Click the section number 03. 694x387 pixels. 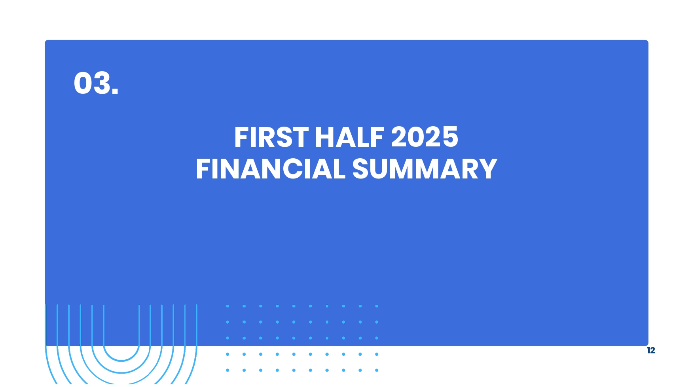(96, 83)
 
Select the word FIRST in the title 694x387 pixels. (271, 137)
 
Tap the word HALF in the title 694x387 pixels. (349, 137)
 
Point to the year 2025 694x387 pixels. (425, 137)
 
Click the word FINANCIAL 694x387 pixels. (271, 169)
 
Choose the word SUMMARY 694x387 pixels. (425, 169)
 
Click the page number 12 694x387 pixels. (651, 351)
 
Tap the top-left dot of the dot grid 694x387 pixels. (228, 306)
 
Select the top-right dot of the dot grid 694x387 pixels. (377, 306)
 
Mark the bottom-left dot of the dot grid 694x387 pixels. (228, 370)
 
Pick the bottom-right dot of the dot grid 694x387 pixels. (377, 370)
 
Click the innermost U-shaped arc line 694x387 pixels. (121, 361)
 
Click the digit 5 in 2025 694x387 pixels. (450, 137)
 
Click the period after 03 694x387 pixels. (115, 91)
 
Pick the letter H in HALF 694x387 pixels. (325, 137)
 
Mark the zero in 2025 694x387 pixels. (416, 137)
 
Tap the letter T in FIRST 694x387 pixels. (301, 137)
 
